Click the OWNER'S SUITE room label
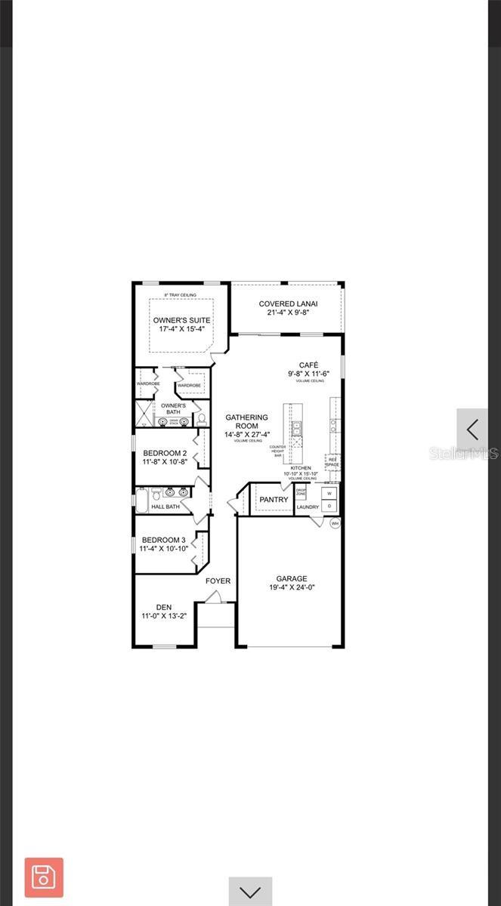pos(181,320)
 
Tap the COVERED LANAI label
pos(288,304)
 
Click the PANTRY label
pos(274,500)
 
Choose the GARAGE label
pos(291,579)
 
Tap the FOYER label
pos(218,581)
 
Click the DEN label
pos(164,607)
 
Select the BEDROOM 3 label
pos(164,540)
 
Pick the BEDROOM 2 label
pos(165,454)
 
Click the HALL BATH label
pos(165,507)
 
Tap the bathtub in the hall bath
pos(142,499)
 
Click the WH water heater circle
pos(335,522)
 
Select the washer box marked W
pos(329,493)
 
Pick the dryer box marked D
pos(329,506)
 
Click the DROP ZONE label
pos(301,492)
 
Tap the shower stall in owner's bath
pos(144,414)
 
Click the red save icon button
pos(44,877)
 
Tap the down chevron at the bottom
pos(250,892)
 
